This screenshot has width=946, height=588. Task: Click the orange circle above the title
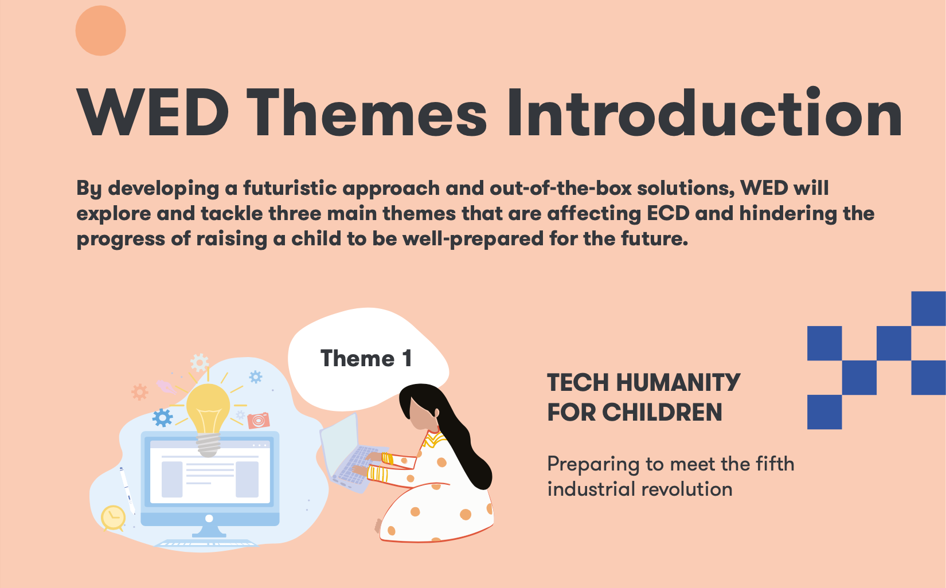tap(100, 30)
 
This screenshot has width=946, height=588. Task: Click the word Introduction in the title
tap(704, 112)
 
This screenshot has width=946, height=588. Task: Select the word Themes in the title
tap(367, 112)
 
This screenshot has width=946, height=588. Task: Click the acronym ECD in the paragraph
tap(668, 213)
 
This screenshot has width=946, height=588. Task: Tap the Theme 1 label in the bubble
tap(366, 358)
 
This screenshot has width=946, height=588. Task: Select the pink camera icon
tap(259, 420)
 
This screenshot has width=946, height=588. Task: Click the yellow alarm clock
tap(113, 518)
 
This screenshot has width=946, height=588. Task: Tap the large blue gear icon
tap(163, 418)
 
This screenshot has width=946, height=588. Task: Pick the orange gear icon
tap(140, 392)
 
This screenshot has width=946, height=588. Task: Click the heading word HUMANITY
tap(678, 382)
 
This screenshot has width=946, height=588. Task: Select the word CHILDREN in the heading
tap(662, 413)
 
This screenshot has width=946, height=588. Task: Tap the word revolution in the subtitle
tap(687, 489)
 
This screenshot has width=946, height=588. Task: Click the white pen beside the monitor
tap(127, 490)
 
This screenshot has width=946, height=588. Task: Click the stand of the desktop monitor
tap(209, 531)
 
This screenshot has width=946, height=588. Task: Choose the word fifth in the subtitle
tap(775, 464)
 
